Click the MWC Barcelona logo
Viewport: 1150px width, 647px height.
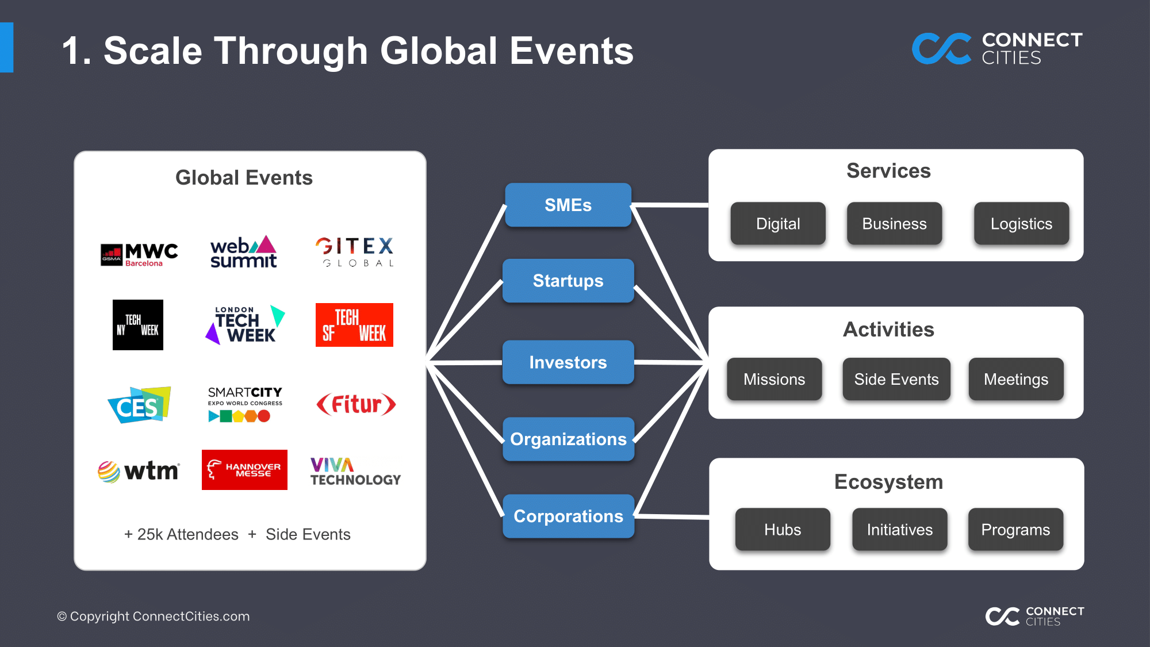[x=139, y=254]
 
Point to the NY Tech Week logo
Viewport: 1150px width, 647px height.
[x=138, y=325]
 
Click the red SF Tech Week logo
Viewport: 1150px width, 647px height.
[x=354, y=325]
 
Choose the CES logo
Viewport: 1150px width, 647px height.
[x=139, y=405]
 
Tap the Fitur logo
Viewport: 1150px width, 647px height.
[x=356, y=404]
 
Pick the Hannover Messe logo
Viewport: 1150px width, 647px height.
[x=244, y=470]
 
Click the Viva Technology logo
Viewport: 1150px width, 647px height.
[x=355, y=472]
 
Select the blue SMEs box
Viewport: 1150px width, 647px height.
[x=568, y=205]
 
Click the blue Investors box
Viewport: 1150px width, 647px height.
[x=568, y=362]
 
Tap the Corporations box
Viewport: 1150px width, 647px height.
[x=568, y=516]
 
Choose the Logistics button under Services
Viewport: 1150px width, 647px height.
[x=1021, y=224]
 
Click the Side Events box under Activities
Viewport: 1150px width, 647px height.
[x=896, y=379]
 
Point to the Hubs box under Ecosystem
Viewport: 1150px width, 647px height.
[x=783, y=530]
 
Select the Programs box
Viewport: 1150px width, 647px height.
[x=1015, y=530]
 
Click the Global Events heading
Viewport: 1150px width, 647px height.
[x=244, y=178]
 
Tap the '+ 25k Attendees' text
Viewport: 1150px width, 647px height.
[x=181, y=534]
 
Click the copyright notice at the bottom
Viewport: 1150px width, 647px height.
[x=154, y=617]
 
